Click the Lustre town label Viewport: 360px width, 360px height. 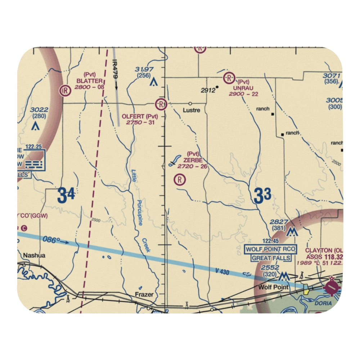pos(191,110)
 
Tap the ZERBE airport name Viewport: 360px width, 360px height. pos(193,160)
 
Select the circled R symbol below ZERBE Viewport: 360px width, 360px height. pos(180,179)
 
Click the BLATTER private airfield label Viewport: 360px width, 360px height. pos(89,81)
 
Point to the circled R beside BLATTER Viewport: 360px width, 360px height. pos(66,90)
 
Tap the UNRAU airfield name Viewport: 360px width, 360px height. pos(243,88)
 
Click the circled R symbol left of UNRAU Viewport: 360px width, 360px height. pos(229,77)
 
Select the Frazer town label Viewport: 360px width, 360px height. pos(144,294)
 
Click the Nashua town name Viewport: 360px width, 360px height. pos(34,256)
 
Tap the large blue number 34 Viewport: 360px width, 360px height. pos(66,196)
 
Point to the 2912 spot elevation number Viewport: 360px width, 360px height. pos(208,90)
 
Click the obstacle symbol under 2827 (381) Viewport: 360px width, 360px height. pos(292,233)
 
